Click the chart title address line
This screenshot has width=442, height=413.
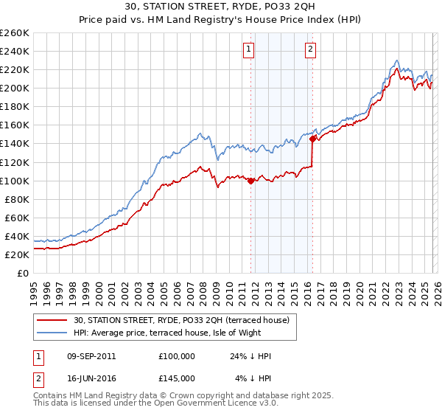(221, 8)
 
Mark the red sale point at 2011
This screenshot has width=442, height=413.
(250, 181)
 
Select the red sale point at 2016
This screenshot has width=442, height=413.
(312, 139)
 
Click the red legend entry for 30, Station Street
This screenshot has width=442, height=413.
(184, 320)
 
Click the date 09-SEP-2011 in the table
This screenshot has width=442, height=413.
(91, 356)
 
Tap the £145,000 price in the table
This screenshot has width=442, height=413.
(177, 378)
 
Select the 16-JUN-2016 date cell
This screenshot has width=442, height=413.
(91, 378)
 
